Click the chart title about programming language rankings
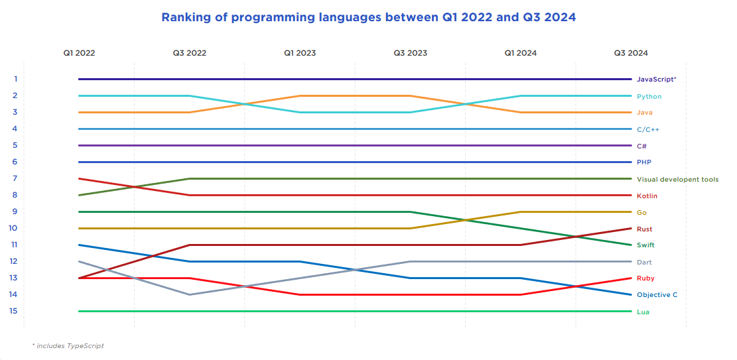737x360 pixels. pyautogui.click(x=368, y=18)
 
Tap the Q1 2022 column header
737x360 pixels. pyautogui.click(x=79, y=53)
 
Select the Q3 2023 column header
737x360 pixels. pyautogui.click(x=410, y=53)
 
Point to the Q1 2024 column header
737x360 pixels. pyautogui.click(x=520, y=53)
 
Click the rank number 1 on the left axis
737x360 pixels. pyautogui.click(x=15, y=79)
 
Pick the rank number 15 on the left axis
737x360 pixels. pyautogui.click(x=14, y=311)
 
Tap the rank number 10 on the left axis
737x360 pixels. pyautogui.click(x=14, y=228)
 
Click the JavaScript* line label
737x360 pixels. pyautogui.click(x=656, y=80)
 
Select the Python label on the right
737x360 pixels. pyautogui.click(x=649, y=97)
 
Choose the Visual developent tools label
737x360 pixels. pyautogui.click(x=677, y=180)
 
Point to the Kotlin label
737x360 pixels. pyautogui.click(x=647, y=196)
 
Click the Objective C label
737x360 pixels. pyautogui.click(x=657, y=295)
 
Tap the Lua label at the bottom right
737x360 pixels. pyautogui.click(x=643, y=312)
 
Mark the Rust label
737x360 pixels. pyautogui.click(x=644, y=229)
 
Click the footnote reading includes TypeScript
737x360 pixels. pyautogui.click(x=68, y=346)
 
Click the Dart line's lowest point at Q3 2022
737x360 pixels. pyautogui.click(x=190, y=294)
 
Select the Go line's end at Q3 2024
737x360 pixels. pyautogui.click(x=630, y=211)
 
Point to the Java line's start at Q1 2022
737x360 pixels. pyautogui.click(x=80, y=112)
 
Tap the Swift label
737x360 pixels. pyautogui.click(x=645, y=245)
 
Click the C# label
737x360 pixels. pyautogui.click(x=641, y=146)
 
